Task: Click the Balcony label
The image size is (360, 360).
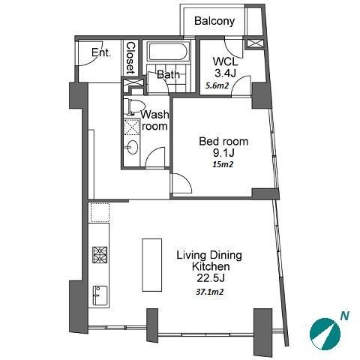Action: tap(214, 21)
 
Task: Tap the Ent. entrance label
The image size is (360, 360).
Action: tap(101, 52)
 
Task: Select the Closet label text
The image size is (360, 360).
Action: tap(130, 58)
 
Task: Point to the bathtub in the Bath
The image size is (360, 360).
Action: tap(168, 51)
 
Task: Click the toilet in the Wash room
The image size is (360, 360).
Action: tap(134, 106)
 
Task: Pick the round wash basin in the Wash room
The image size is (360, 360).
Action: tap(132, 148)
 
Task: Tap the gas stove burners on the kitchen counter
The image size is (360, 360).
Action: tap(100, 255)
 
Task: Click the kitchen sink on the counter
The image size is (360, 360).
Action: tap(100, 295)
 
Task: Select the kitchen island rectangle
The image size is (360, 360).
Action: tap(152, 265)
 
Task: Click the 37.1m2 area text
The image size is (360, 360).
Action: tap(209, 292)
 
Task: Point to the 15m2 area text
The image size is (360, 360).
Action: tap(223, 164)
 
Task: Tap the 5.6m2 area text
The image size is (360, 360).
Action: tap(217, 86)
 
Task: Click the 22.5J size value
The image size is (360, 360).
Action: tap(211, 278)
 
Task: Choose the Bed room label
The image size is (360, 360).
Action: tap(223, 142)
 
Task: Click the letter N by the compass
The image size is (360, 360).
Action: tap(345, 316)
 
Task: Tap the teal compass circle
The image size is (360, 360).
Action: tap(325, 334)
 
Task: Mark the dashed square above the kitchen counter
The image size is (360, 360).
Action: tap(100, 212)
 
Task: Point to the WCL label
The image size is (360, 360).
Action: tap(225, 61)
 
